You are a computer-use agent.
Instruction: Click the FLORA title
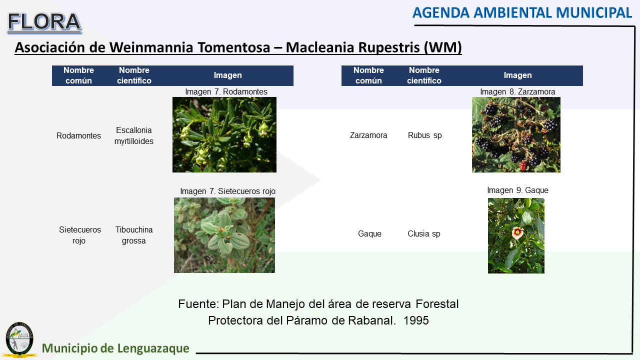coord(44,22)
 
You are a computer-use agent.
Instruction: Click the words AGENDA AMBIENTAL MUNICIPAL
coord(522,13)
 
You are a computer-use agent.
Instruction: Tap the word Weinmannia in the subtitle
coord(151,47)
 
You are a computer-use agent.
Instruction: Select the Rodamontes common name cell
coord(78,135)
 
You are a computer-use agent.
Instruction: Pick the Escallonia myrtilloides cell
coord(133,135)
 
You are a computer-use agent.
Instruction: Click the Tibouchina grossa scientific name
coord(133,235)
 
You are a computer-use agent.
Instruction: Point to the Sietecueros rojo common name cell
coord(79,235)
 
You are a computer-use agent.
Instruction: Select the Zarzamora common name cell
coord(368,135)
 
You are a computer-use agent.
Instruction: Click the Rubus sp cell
coord(424,135)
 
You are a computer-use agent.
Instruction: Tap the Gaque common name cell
coord(369,233)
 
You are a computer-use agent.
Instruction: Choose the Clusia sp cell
coord(423,233)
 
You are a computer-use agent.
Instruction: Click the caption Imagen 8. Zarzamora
coord(517,91)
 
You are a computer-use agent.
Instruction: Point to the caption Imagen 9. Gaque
coord(517,190)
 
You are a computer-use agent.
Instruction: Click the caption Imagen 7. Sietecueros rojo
coord(227,191)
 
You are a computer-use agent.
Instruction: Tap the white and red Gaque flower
coord(517,233)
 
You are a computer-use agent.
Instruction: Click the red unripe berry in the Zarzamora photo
coord(523,165)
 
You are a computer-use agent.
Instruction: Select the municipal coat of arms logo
coord(19,339)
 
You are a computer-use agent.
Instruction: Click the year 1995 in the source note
coord(416,320)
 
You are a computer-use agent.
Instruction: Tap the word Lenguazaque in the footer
coord(153,348)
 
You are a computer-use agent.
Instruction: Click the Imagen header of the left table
coord(227,75)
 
